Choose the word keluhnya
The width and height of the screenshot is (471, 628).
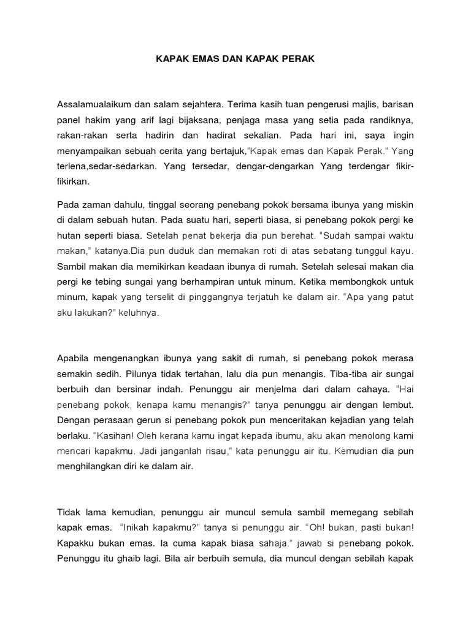(141, 313)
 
